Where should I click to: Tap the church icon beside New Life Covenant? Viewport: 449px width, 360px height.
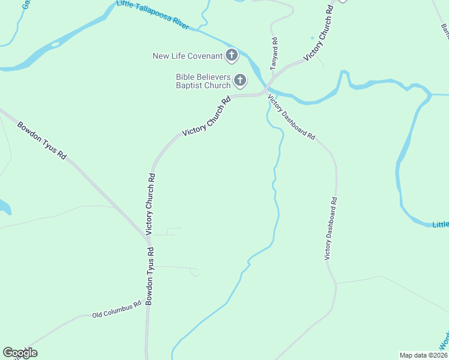232,56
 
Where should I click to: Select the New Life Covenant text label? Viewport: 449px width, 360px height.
188,56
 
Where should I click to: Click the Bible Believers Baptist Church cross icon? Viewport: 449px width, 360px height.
240,80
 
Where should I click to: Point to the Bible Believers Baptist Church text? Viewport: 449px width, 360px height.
203,81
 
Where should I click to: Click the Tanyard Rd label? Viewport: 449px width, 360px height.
274,52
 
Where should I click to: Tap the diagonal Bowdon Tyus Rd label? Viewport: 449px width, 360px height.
41,140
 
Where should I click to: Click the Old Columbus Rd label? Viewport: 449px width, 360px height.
116,309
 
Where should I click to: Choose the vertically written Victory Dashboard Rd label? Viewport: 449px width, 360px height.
331,228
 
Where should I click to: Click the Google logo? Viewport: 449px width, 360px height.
20,353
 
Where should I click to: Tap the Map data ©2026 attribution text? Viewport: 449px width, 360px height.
423,355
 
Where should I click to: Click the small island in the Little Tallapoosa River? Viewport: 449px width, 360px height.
56,44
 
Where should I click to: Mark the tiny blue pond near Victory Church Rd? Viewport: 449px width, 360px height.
312,38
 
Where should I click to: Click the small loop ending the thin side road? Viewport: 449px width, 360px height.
195,273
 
